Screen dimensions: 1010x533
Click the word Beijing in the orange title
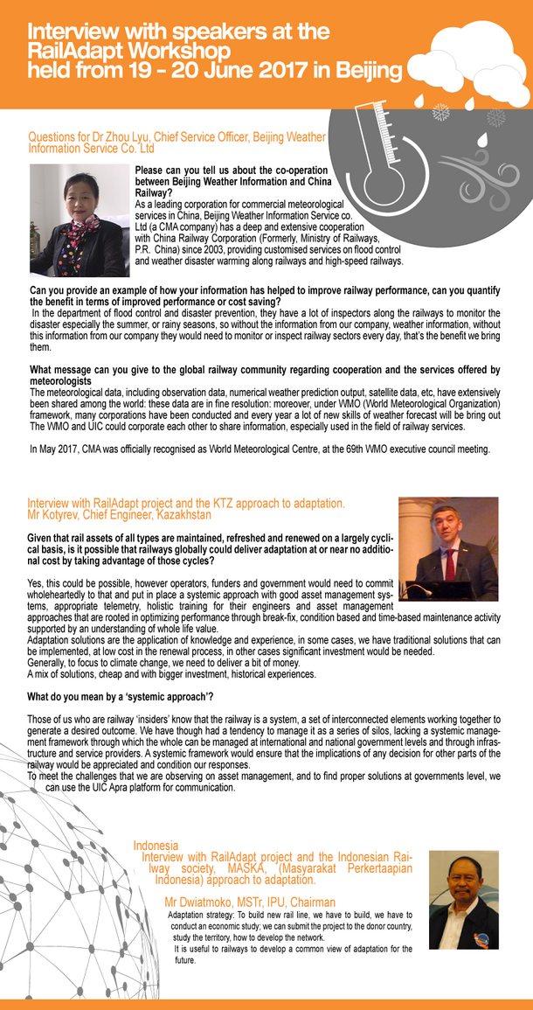click(363, 69)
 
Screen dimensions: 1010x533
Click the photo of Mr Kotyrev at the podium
click(447, 549)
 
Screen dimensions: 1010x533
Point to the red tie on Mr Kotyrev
click(450, 565)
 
